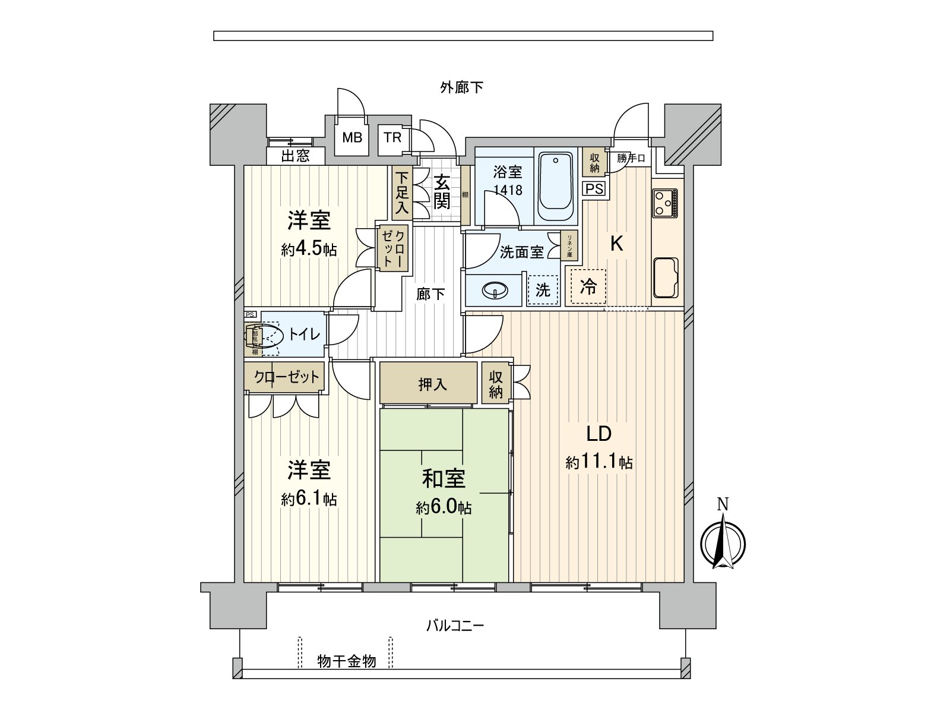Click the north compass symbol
coord(723,542)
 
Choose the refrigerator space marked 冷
coord(588,287)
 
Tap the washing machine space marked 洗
coord(543,290)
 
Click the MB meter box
coord(352,138)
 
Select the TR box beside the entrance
coord(392,138)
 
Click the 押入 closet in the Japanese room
coord(432,384)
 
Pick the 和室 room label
coord(444,479)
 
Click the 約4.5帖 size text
coord(309,249)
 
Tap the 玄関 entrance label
coord(441,191)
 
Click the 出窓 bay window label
coord(295,156)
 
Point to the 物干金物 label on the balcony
coord(346,661)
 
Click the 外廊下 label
coord(461,88)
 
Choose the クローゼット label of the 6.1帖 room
coord(286,377)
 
